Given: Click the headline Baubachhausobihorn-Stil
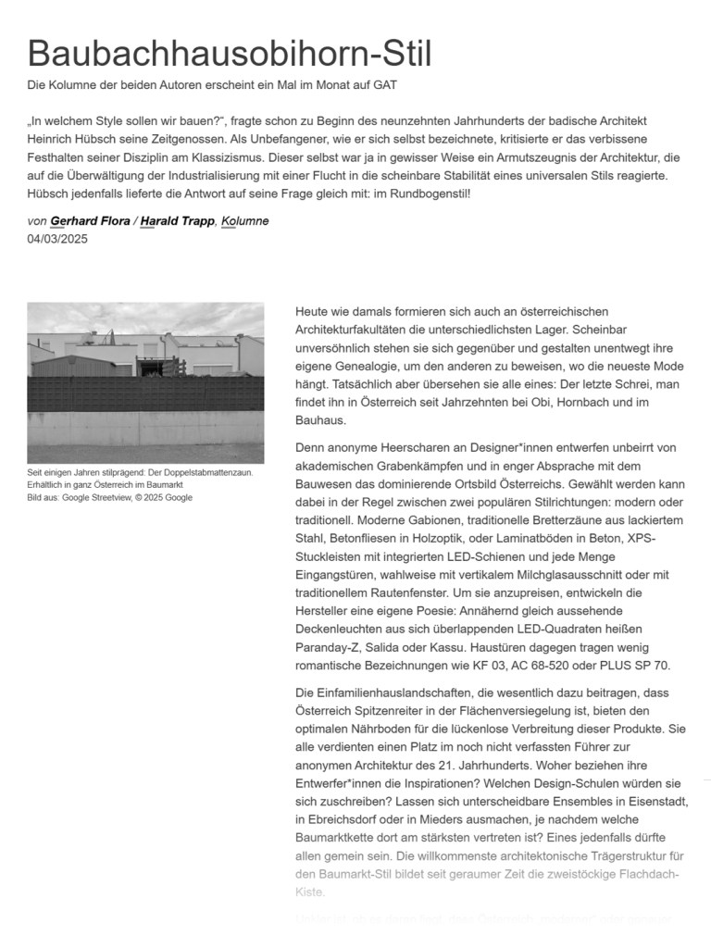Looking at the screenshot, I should [x=230, y=54].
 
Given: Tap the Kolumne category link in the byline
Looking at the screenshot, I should [x=244, y=221].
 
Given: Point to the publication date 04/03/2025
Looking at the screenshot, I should [x=57, y=239].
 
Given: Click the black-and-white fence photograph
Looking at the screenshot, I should [x=145, y=382].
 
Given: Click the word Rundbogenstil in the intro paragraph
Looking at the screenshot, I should [x=429, y=193].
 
